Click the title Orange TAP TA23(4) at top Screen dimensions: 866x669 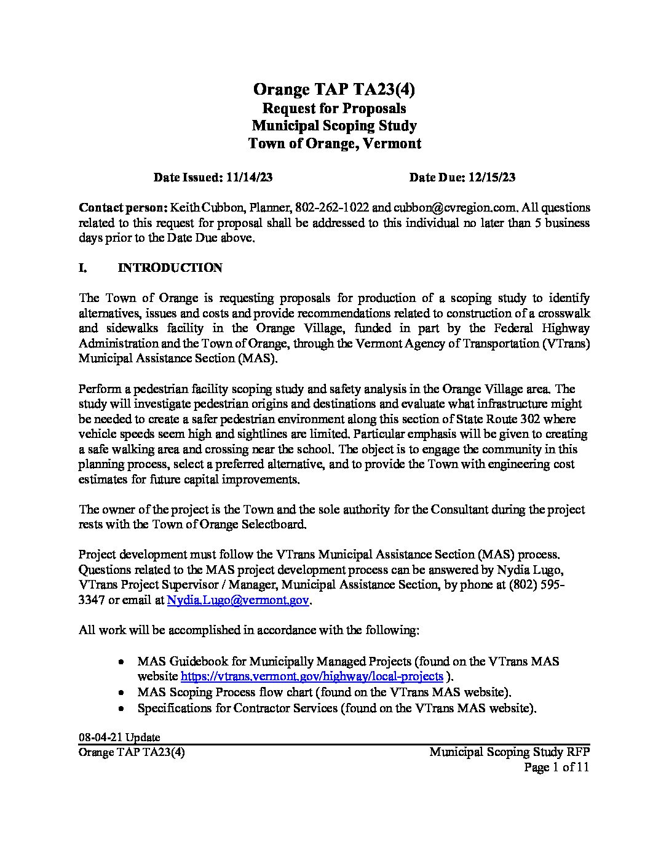[334, 90]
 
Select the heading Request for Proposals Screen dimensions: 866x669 [334, 108]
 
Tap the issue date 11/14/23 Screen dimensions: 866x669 [249, 178]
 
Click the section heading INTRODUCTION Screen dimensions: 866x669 [170, 268]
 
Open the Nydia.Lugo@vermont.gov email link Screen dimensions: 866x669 [238, 601]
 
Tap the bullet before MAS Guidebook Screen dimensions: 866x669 [123, 662]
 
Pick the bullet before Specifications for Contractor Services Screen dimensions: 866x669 [123, 709]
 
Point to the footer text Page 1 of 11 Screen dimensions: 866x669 [556, 767]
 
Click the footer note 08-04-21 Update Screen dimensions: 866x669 [119, 737]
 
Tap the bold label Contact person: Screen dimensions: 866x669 [123, 207]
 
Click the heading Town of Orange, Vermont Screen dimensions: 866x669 [334, 144]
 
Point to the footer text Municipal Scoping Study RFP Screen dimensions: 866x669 [509, 752]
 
